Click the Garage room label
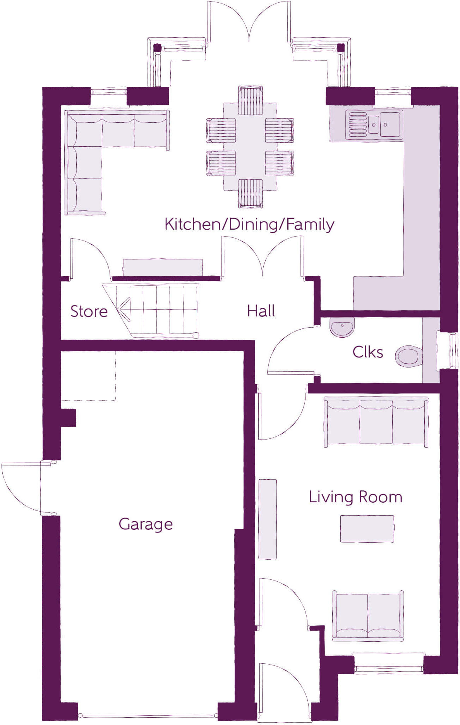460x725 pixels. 146,524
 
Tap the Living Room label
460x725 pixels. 355,497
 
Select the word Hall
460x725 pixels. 261,311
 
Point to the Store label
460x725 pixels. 89,311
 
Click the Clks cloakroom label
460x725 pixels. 367,352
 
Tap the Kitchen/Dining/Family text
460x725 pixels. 249,224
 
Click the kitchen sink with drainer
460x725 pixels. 374,125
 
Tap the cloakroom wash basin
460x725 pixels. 342,326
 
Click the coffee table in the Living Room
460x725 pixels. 367,528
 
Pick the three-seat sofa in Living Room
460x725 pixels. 376,421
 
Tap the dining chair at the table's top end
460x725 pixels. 250,100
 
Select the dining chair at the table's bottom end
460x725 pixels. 250,193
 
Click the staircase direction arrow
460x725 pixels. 123,310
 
